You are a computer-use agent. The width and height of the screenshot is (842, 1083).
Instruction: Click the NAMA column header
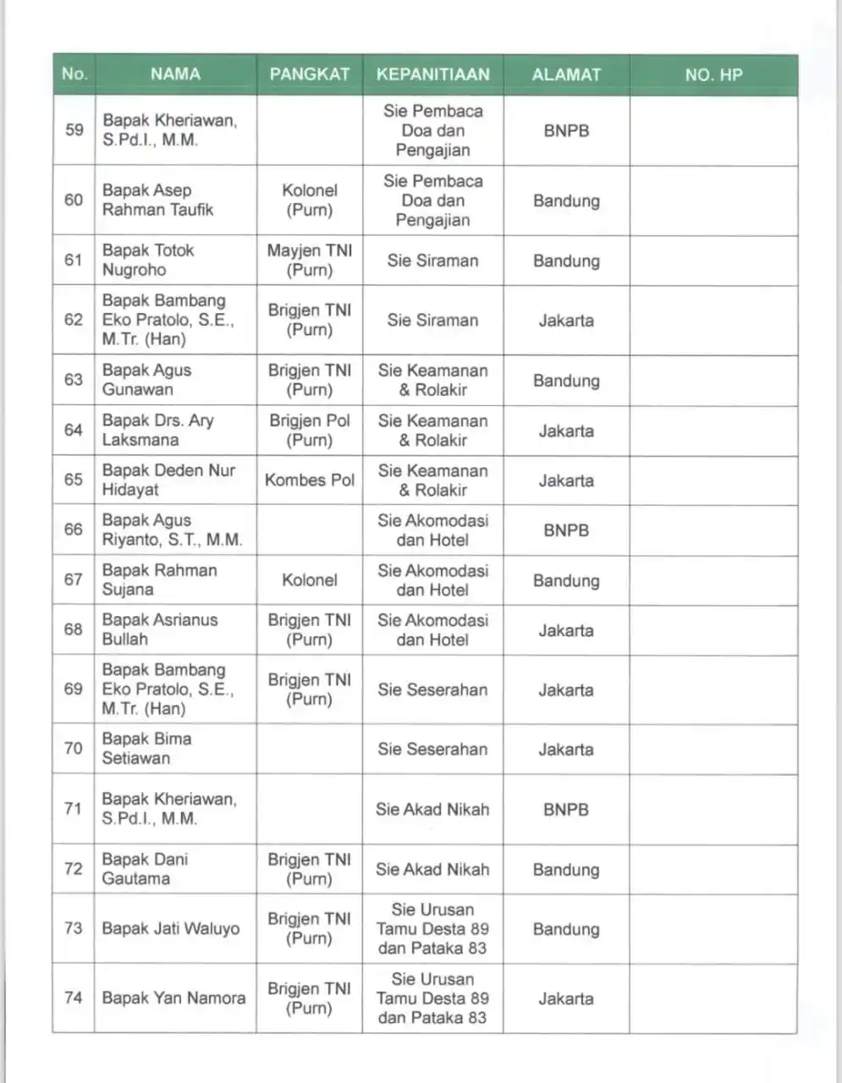pyautogui.click(x=175, y=74)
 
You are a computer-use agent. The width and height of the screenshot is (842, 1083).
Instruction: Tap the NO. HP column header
pyautogui.click(x=713, y=74)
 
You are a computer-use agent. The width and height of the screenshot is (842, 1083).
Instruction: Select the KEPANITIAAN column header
pyautogui.click(x=432, y=74)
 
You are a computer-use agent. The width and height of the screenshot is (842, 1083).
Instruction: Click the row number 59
pyautogui.click(x=74, y=129)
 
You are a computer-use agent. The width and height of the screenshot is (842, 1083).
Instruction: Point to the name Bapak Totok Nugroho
pyautogui.click(x=148, y=260)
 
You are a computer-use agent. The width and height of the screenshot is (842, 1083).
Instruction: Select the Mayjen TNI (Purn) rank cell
pyautogui.click(x=309, y=260)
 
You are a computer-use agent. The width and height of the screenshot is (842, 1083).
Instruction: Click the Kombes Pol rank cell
pyautogui.click(x=309, y=480)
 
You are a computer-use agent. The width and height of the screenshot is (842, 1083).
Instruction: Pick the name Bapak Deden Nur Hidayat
pyautogui.click(x=168, y=480)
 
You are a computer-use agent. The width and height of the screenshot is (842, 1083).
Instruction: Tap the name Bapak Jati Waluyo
pyautogui.click(x=170, y=928)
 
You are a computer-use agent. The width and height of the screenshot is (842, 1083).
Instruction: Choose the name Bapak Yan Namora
pyautogui.click(x=173, y=998)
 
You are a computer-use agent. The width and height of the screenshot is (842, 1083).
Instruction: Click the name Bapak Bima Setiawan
pyautogui.click(x=146, y=748)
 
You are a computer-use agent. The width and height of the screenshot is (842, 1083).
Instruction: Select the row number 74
pyautogui.click(x=74, y=998)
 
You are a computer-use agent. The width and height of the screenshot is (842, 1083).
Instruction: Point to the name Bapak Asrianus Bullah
pyautogui.click(x=159, y=629)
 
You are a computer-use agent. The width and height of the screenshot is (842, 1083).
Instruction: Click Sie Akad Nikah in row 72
pyautogui.click(x=432, y=869)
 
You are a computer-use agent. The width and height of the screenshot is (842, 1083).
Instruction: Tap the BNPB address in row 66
pyautogui.click(x=566, y=531)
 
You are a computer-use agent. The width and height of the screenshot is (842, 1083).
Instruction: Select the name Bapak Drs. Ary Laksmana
pyautogui.click(x=157, y=430)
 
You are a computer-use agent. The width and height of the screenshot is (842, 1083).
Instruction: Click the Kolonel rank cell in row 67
pyautogui.click(x=309, y=580)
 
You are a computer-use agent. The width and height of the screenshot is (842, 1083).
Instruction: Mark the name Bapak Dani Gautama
pyautogui.click(x=145, y=869)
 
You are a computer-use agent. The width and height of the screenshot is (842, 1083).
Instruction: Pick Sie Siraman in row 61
pyautogui.click(x=432, y=261)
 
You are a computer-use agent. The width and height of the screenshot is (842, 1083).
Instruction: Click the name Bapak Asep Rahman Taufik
pyautogui.click(x=157, y=200)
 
